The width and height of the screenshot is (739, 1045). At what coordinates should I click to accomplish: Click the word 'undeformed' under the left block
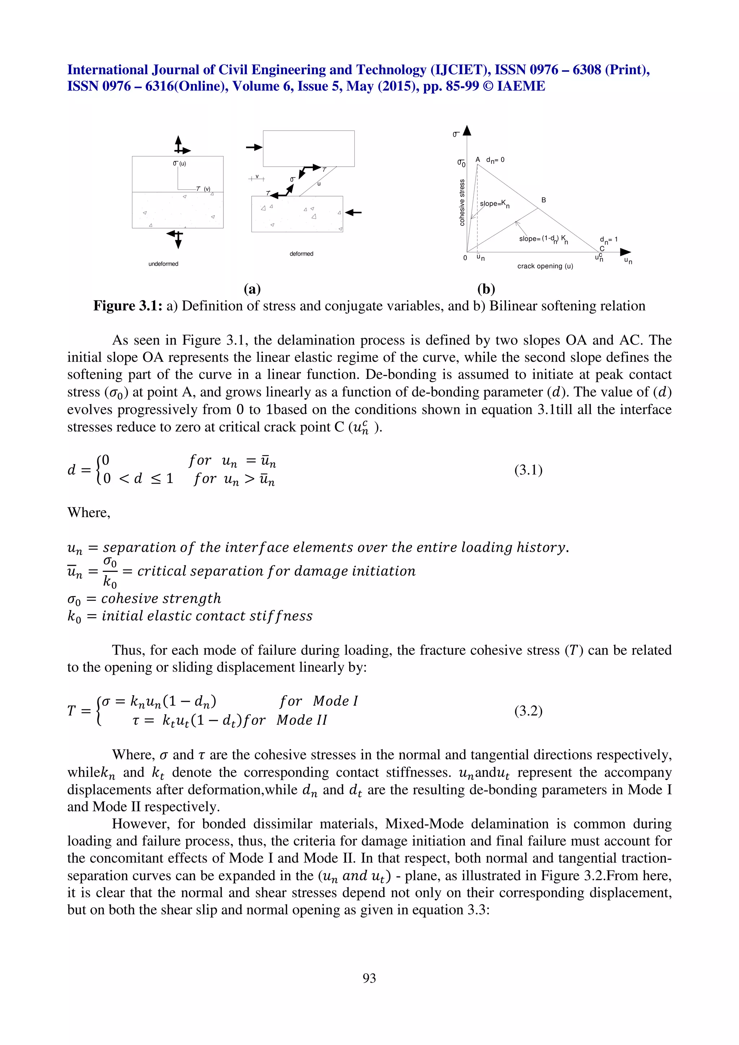[x=163, y=264]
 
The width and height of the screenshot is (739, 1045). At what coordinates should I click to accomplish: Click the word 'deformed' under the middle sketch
[x=301, y=254]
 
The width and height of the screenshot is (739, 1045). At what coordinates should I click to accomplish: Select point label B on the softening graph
[x=543, y=200]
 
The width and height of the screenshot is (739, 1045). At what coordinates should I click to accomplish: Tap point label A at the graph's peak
[x=478, y=160]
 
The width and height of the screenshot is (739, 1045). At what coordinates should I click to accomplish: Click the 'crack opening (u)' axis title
[x=545, y=266]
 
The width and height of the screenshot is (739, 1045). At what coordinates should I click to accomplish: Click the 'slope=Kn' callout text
[x=494, y=204]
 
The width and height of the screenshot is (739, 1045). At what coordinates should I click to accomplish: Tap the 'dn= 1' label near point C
[x=608, y=239]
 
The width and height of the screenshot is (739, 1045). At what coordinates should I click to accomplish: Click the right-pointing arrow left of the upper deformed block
[x=254, y=147]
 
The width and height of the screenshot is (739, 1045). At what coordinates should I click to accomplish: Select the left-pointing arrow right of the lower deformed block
[x=354, y=212]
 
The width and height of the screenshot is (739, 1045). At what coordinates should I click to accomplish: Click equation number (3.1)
[x=528, y=470]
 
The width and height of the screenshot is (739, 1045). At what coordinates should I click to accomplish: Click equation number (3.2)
[x=528, y=710]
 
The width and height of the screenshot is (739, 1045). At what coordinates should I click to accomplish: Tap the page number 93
[x=369, y=978]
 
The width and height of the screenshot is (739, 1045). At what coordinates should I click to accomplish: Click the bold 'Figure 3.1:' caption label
[x=127, y=306]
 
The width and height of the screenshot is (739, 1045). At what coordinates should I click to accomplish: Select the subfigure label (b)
[x=486, y=289]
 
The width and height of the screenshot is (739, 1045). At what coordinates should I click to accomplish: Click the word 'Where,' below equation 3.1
[x=89, y=512]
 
